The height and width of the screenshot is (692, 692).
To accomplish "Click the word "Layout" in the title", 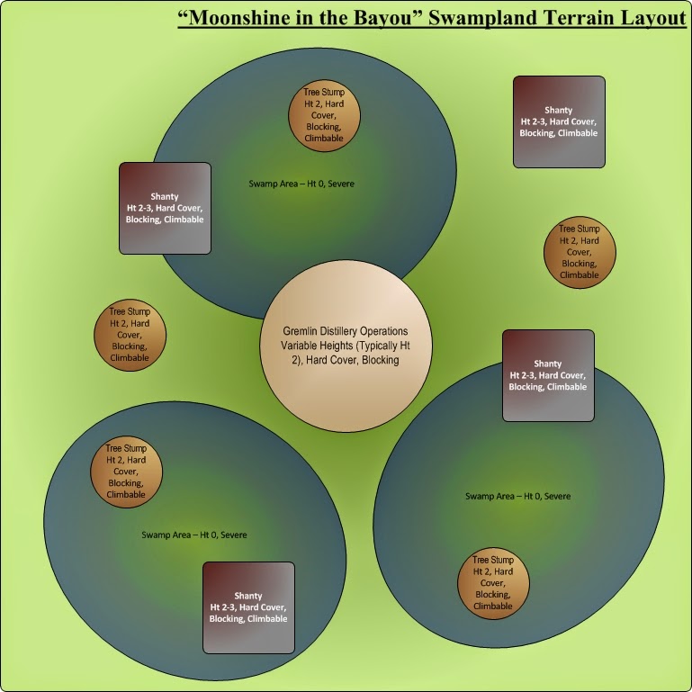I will pos(649,19).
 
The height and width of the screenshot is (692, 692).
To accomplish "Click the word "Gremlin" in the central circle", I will pos(302,331).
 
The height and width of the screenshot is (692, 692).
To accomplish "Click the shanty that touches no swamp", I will pos(559,121).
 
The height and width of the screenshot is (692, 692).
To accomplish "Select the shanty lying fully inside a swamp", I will pos(248,607).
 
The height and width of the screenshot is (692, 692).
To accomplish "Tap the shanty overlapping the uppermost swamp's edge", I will pos(165,208).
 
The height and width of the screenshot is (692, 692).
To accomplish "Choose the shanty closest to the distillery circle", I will pos(548,375).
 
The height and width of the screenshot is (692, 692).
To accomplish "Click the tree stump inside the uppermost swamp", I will pos(324,115).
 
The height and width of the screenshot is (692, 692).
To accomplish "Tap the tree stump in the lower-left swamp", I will pos(126,471).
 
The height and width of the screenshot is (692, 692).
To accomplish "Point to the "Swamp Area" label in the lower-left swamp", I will pos(194,535).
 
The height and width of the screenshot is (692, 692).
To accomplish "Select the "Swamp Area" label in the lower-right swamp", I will pos(517,496).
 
